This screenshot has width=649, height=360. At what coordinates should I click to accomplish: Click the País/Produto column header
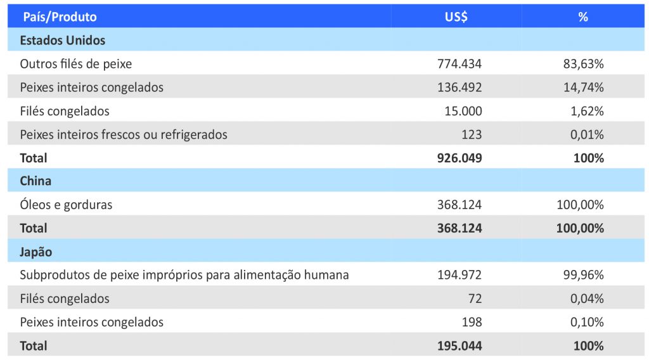coord(60,17)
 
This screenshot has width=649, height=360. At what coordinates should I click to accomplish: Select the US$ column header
coord(456,17)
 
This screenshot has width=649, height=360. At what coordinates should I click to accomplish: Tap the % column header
coord(583,17)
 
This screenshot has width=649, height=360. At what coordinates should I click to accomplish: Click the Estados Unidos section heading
coord(63,41)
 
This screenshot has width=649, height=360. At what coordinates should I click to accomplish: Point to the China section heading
coord(35,181)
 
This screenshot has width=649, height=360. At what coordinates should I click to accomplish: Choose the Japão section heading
coord(36,252)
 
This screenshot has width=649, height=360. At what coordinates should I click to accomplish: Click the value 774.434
coord(459,64)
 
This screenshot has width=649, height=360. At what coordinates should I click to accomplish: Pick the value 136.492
coord(459,87)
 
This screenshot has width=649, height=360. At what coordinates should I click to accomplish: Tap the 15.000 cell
coord(463,111)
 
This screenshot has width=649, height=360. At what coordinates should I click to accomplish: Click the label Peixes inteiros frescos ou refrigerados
coord(124,134)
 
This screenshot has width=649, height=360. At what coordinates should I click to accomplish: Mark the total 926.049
coord(459,158)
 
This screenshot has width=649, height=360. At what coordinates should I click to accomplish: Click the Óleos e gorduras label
coord(67,205)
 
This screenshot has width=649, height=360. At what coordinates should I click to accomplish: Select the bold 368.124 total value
coord(459,228)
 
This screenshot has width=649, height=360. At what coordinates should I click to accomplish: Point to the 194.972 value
coord(459,275)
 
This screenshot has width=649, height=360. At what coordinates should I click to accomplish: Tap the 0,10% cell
coord(586,322)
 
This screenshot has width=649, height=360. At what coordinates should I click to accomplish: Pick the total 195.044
coord(459,346)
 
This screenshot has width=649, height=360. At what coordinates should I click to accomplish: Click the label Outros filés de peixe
coord(76,64)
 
